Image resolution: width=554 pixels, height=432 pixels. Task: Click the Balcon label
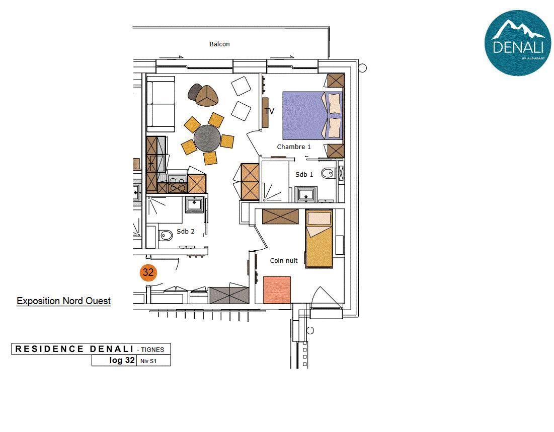tap(219, 44)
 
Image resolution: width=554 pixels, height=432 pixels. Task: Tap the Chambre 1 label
tap(294, 147)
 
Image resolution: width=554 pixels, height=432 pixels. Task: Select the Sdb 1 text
tap(304, 174)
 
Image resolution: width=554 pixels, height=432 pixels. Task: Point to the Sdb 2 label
tap(186, 232)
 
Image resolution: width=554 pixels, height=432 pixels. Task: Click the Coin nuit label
tap(284, 260)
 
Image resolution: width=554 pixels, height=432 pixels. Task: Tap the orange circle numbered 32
tap(148, 272)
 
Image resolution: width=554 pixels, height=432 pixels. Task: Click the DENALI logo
tap(518, 43)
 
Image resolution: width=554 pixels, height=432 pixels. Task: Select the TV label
tap(270, 111)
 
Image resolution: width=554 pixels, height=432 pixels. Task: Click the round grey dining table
tap(207, 138)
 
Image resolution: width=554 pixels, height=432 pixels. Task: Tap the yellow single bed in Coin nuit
tap(319, 239)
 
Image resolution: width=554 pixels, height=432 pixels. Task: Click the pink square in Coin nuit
tap(277, 290)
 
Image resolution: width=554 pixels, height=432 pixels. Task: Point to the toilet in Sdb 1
tap(328, 173)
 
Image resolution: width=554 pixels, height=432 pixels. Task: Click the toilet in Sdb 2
tap(165, 235)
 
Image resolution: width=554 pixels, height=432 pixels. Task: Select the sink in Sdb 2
tap(194, 204)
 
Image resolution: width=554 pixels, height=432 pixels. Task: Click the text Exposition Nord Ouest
tap(63, 301)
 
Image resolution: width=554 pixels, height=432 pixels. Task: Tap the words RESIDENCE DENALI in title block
tap(74, 349)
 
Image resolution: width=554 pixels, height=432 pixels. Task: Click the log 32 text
tap(122, 360)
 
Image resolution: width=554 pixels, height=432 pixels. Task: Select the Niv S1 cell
tap(153, 361)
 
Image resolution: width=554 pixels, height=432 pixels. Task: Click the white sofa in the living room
tap(161, 104)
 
